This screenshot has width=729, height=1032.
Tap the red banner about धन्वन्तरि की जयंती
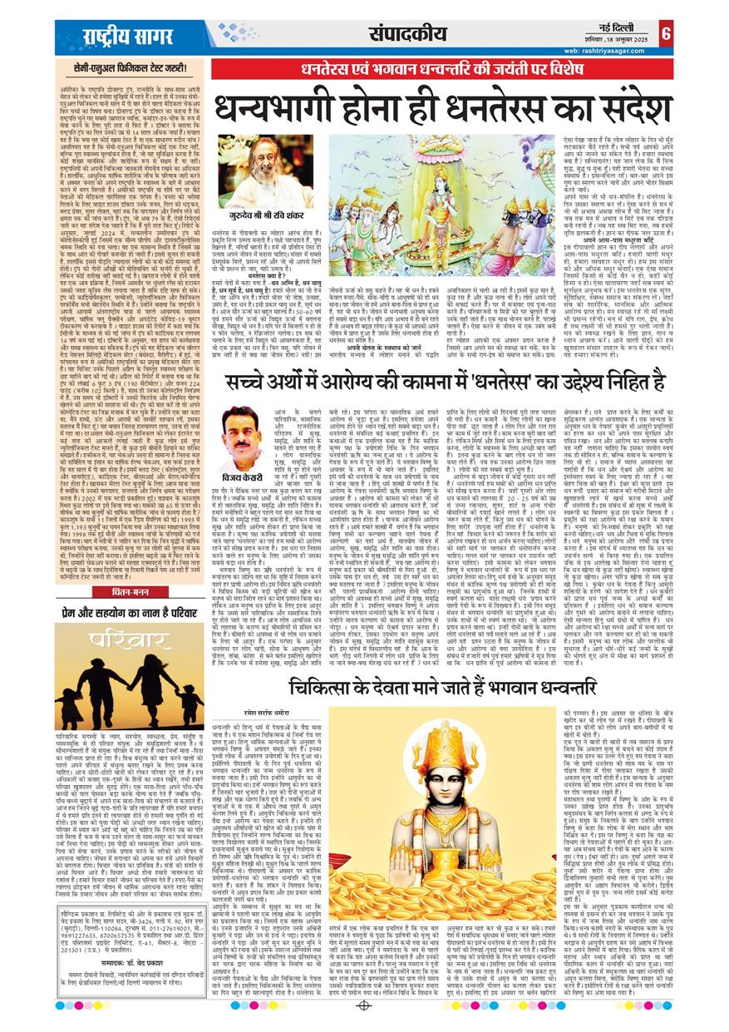pyautogui.click(x=441, y=71)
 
